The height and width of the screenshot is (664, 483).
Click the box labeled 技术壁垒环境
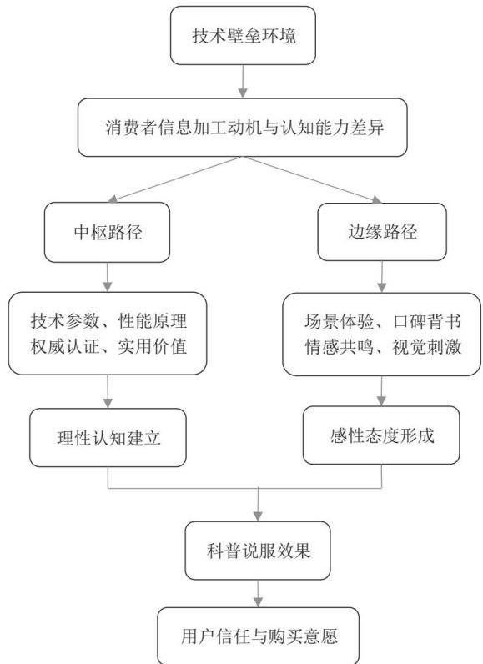coord(243,36)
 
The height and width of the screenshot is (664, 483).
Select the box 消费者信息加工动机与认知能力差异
coord(242,128)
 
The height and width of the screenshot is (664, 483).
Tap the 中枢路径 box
coord(107,232)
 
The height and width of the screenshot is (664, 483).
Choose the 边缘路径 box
coord(382,232)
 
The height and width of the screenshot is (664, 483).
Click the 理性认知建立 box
coord(108,437)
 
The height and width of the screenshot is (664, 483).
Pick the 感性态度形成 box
coord(381,435)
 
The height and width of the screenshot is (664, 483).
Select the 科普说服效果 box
coord(258,551)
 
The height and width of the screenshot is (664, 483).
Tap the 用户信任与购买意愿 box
coord(259,636)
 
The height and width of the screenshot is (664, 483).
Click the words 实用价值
coord(153,346)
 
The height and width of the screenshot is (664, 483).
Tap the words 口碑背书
coord(427,321)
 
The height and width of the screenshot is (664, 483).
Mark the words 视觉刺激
coord(427,347)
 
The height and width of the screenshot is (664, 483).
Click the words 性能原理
coord(153,320)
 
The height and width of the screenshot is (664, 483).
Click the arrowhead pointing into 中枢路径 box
coord(112,199)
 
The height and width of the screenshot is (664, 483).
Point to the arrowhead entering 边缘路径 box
coord(376,199)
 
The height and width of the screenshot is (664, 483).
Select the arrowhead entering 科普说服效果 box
coord(258,516)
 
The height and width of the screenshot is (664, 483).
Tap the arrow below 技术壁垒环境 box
coord(243,81)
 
